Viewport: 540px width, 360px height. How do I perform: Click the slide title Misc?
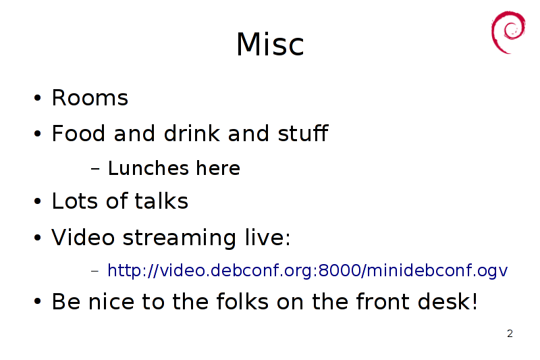point(270,44)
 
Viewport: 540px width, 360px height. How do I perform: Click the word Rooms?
point(90,97)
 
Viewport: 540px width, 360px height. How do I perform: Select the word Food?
point(78,133)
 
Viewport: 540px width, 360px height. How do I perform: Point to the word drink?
point(192,133)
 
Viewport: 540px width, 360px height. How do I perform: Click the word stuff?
point(302,133)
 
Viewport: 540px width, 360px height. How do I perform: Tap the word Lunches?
point(148,168)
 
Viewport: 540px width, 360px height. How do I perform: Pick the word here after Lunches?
point(218,168)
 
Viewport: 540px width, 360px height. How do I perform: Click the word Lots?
point(75,201)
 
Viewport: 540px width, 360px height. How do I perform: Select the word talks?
point(161,201)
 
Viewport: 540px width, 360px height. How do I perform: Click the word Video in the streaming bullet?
point(83,237)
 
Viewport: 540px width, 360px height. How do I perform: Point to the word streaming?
point(180,238)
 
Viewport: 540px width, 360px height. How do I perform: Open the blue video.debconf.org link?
point(308,270)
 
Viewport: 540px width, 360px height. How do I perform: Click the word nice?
point(111,301)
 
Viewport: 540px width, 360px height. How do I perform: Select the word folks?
point(242,301)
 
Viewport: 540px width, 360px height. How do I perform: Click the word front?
point(383,301)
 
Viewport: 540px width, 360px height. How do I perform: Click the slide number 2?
point(510,334)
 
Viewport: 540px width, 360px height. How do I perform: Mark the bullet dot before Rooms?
point(38,98)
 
